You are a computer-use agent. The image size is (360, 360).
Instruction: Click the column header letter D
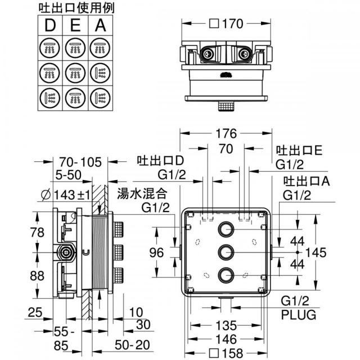(50, 25)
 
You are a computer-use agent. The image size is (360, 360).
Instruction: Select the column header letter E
(75, 25)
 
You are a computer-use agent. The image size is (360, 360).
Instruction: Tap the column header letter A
(100, 25)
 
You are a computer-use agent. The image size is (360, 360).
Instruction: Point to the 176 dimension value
(226, 133)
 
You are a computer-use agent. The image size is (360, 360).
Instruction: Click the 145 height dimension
(316, 253)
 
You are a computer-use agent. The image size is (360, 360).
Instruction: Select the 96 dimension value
(156, 253)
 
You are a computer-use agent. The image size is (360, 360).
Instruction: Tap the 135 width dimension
(226, 325)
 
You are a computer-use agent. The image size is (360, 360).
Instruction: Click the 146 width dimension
(226, 339)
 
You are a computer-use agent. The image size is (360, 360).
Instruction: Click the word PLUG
(299, 315)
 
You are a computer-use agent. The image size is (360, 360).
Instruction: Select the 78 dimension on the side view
(37, 232)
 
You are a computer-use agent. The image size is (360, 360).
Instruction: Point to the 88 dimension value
(37, 276)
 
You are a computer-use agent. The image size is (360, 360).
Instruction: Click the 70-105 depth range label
(80, 162)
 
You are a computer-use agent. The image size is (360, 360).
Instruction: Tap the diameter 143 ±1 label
(66, 195)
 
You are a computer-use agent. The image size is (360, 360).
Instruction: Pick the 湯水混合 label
(142, 193)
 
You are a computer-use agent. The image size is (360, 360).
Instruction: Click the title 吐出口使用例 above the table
(76, 8)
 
